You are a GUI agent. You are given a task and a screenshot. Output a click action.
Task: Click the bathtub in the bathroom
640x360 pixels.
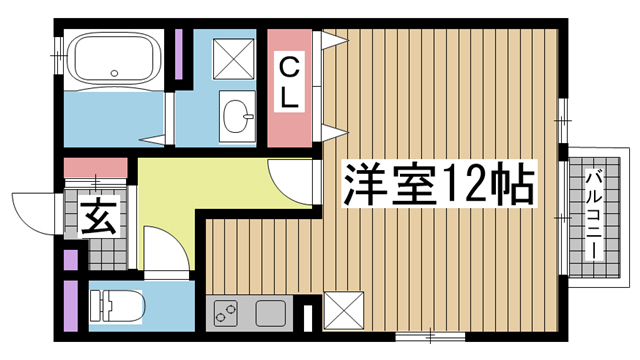[111, 61]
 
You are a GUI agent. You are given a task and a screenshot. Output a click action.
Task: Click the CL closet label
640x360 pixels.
[289, 86]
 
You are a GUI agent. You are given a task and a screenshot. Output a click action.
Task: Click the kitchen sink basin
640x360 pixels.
[271, 313]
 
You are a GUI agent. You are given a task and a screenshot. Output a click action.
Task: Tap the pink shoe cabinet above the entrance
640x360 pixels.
[96, 166]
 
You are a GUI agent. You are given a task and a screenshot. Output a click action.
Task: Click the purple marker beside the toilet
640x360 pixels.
[71, 306]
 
